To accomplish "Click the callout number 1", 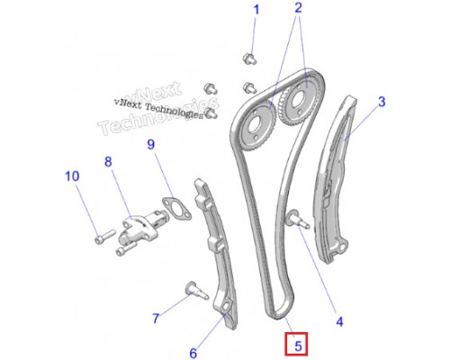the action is pos(256,10).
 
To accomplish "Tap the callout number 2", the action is pos(298,8).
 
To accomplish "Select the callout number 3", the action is pos(382,102).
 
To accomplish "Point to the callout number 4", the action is pos(339,322).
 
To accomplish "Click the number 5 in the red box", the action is pos(298,346).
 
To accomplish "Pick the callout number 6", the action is pos(193,353).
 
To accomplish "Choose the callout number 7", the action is pos(156,319).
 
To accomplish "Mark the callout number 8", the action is pos(108,162).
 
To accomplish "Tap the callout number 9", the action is pos(151,144).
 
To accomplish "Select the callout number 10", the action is pos(72,176).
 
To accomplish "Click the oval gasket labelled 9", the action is pos(176,209).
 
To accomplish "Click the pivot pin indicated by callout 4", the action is pos(298,220).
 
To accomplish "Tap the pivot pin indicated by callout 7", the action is pos(196,291).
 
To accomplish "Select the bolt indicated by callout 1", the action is pos(249,58).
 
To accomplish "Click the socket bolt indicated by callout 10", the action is pos(105,237).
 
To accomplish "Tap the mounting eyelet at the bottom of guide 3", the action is pos(342,247).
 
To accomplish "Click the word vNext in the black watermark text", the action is pos(128,103).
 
